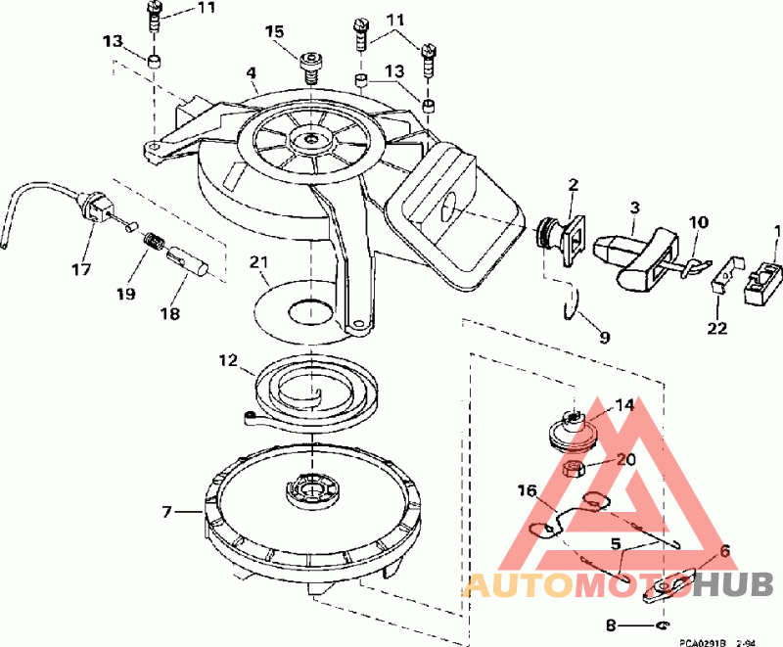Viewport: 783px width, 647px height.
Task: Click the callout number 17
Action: pos(81,267)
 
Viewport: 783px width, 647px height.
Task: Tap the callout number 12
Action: pos(227,361)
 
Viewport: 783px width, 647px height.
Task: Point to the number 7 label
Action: pos(167,511)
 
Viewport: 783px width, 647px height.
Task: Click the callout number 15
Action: pos(275,31)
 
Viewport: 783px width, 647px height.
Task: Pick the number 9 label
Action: pos(604,338)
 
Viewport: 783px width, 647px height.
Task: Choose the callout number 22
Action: pos(717,328)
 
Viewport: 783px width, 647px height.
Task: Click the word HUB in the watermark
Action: pos(738,584)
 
